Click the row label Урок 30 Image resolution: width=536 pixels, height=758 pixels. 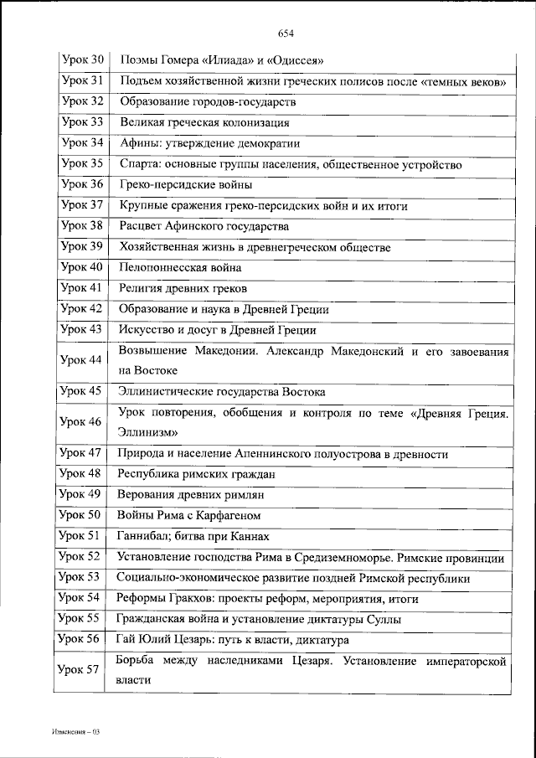point(82,60)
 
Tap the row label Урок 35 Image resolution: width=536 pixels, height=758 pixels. point(82,164)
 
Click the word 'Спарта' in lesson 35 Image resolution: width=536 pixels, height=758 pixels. point(138,165)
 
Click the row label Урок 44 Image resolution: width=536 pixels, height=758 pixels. point(82,360)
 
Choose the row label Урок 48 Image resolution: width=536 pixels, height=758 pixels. point(82,474)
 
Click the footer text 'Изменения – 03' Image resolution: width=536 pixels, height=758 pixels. point(75,732)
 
